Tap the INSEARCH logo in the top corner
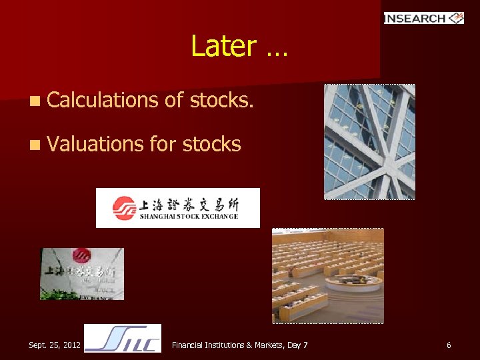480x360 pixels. click(x=423, y=18)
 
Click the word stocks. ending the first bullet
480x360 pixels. click(x=221, y=100)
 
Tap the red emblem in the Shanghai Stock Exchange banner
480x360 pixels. click(x=124, y=208)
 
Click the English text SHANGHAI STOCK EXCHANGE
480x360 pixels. click(x=189, y=217)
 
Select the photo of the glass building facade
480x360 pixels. click(x=369, y=141)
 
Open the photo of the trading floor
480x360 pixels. click(x=327, y=275)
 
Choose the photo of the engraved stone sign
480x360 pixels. click(x=82, y=273)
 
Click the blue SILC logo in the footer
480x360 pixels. click(x=123, y=339)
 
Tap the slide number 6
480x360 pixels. click(x=449, y=345)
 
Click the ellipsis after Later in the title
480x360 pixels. click(x=276, y=48)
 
